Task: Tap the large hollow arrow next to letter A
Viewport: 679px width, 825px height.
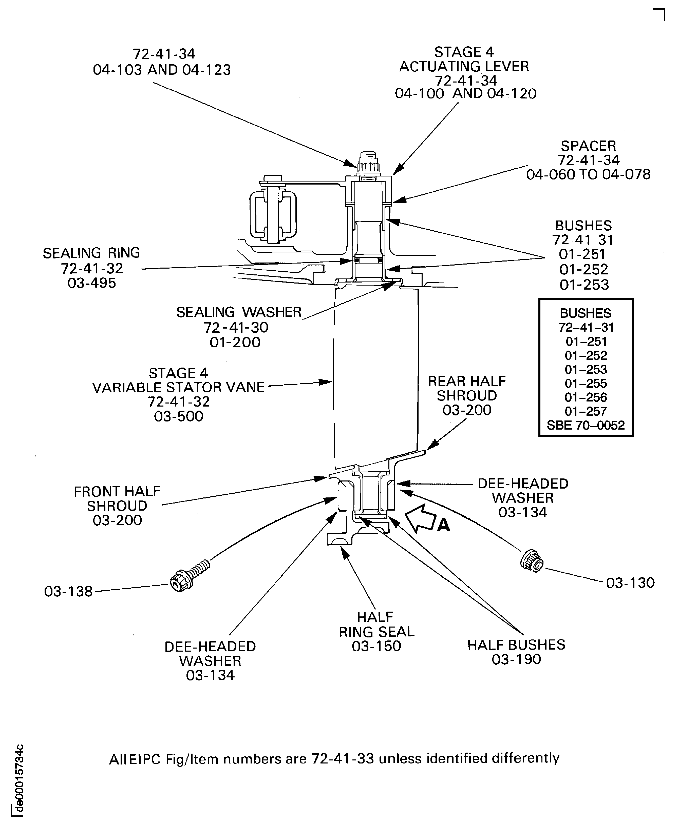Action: click(x=420, y=519)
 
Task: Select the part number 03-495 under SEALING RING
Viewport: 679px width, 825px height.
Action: click(x=91, y=283)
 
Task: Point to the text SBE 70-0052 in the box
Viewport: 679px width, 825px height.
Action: click(x=586, y=425)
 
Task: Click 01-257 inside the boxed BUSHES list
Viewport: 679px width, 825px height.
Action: click(x=586, y=411)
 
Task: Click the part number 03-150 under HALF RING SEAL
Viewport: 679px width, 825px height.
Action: click(x=376, y=646)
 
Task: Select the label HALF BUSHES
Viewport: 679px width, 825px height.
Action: click(x=516, y=645)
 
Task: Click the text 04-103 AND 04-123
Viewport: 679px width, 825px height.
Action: click(x=162, y=70)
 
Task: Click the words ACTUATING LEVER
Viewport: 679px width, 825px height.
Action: click(x=464, y=66)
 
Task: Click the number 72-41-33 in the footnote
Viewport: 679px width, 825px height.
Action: click(x=342, y=759)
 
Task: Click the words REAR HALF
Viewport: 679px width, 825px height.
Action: click(x=467, y=381)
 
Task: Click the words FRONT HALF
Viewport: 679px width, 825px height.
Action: click(x=117, y=491)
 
